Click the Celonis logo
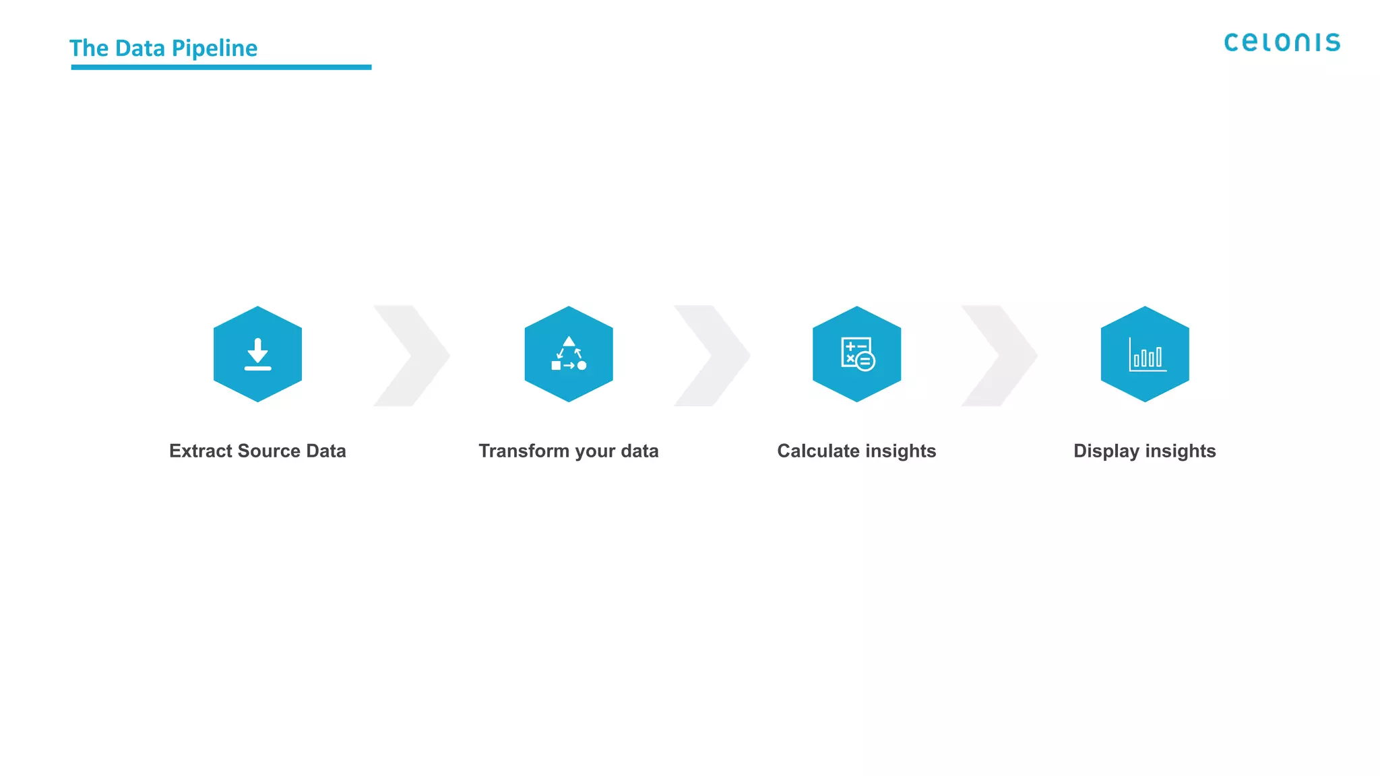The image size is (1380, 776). pos(1282,42)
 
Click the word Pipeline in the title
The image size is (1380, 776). pos(214,48)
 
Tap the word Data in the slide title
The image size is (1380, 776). pos(140,48)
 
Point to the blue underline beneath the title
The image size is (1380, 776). pos(221,67)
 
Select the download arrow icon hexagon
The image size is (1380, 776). pos(257,354)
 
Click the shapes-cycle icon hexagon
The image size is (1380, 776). pos(569,354)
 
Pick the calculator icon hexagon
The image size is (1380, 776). pos(856,354)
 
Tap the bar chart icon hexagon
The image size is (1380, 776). pos(1145,354)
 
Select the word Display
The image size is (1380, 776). pos(1106,451)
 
